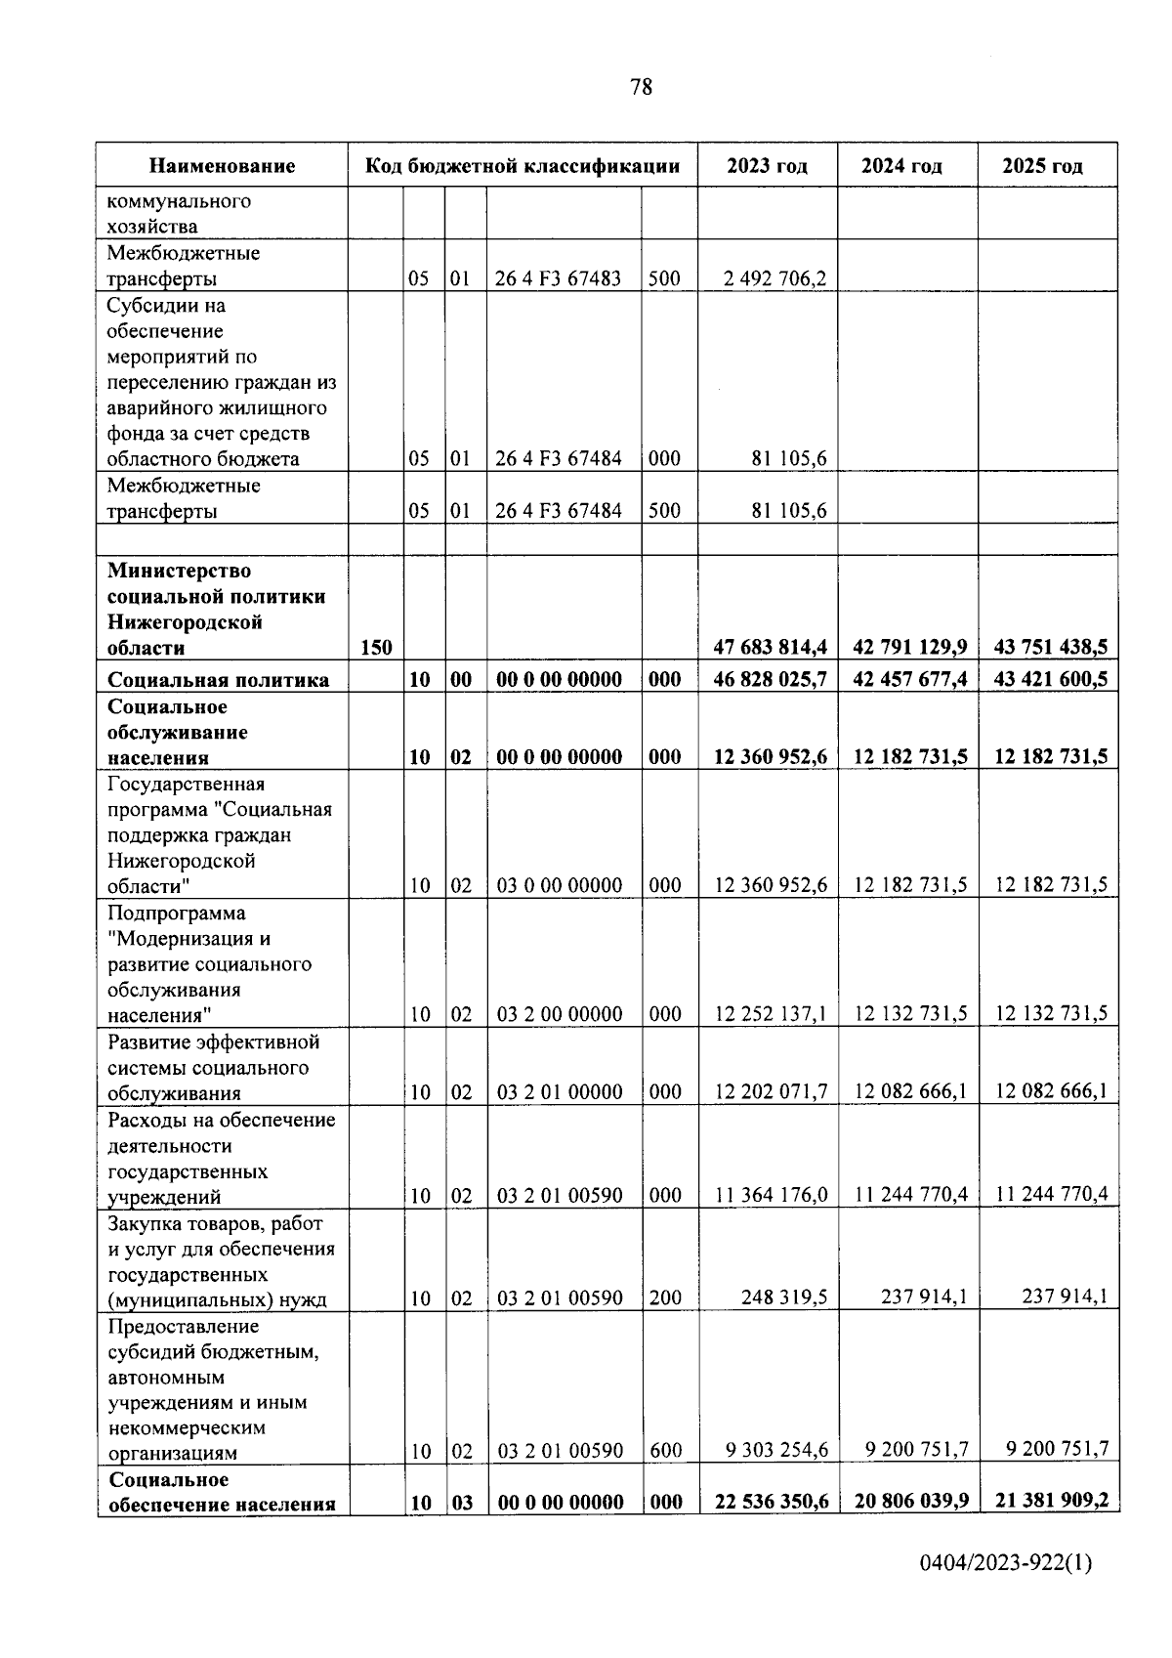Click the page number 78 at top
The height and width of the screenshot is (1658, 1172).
pos(642,87)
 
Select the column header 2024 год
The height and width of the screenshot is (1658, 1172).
pos(901,166)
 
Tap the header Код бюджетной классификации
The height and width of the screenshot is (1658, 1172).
pos(523,166)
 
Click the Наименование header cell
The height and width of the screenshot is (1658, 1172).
pos(223,166)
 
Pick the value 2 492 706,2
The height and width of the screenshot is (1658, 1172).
pos(775,279)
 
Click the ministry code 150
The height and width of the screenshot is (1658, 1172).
pos(376,647)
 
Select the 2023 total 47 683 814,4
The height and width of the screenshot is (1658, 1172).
pos(771,647)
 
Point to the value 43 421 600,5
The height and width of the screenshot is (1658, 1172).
pos(1050,679)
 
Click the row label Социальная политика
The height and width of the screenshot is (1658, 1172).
pos(219,680)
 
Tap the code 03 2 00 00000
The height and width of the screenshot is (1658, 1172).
pos(560,1014)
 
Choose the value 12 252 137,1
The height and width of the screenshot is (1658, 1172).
pos(771,1014)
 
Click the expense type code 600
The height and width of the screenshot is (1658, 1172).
pos(666,1451)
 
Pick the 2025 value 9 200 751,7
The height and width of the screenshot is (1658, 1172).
pos(1057,1449)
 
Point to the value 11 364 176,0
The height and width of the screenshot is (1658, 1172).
pos(771,1194)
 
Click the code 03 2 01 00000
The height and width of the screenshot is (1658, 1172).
pos(560,1092)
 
